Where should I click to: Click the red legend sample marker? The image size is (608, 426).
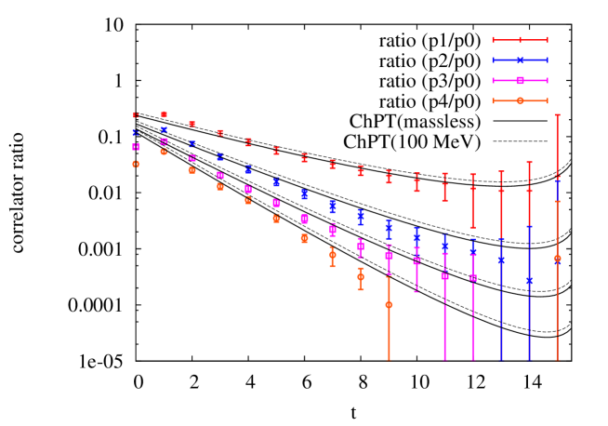[x=520, y=40]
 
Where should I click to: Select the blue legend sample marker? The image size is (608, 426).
[x=520, y=60]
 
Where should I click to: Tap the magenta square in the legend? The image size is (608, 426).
[x=520, y=80]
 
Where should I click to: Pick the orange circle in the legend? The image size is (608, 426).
[x=520, y=100]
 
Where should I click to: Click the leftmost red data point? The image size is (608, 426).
[x=136, y=115]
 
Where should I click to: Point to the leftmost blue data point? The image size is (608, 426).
[x=136, y=133]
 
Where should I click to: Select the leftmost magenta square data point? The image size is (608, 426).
[x=136, y=147]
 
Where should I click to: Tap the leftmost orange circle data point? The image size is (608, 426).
[x=136, y=164]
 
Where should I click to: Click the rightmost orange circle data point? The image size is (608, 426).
[x=557, y=259]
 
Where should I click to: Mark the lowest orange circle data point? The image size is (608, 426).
[x=389, y=304]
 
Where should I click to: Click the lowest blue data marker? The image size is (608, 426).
[x=529, y=280]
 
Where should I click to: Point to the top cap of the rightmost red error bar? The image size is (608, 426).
[x=557, y=115]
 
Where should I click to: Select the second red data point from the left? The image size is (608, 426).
[x=164, y=114]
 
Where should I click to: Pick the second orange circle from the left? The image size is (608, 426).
[x=164, y=151]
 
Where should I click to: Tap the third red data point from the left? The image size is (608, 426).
[x=192, y=124]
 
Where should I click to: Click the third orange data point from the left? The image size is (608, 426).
[x=192, y=170]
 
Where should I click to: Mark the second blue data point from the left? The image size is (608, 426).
[x=164, y=130]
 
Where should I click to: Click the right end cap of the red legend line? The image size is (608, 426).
[x=547, y=40]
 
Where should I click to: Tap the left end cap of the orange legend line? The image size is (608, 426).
[x=493, y=100]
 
